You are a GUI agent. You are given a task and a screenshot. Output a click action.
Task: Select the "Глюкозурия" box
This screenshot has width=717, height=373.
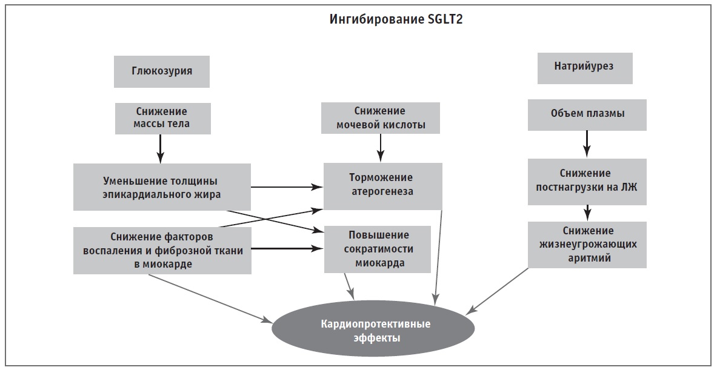click(x=162, y=71)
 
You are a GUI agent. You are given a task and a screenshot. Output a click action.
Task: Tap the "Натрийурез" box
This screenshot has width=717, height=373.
click(x=585, y=67)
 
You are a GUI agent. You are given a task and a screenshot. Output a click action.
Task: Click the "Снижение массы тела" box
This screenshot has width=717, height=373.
click(x=162, y=118)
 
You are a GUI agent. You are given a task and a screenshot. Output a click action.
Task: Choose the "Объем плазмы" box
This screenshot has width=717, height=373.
click(x=587, y=114)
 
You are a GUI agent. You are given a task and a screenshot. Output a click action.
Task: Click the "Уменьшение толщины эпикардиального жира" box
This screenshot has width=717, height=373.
click(x=162, y=187)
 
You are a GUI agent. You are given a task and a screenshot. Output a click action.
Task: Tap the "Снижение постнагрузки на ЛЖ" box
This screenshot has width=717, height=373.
click(x=587, y=180)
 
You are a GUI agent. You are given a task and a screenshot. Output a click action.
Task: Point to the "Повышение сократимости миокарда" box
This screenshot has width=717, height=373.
click(x=377, y=249)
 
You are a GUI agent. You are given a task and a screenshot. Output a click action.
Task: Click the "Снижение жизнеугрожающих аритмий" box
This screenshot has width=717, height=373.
click(x=587, y=245)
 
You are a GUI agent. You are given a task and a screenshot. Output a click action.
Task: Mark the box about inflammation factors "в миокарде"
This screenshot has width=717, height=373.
click(x=162, y=250)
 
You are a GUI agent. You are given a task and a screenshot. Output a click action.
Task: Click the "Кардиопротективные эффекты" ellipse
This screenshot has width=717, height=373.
click(x=376, y=330)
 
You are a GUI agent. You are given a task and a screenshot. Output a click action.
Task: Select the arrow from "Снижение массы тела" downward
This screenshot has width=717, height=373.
click(x=160, y=148)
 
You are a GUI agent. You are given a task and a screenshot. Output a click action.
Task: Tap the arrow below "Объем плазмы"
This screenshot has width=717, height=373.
click(x=587, y=145)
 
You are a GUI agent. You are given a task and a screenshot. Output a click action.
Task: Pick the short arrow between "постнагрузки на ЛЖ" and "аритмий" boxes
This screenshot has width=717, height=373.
click(x=587, y=212)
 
